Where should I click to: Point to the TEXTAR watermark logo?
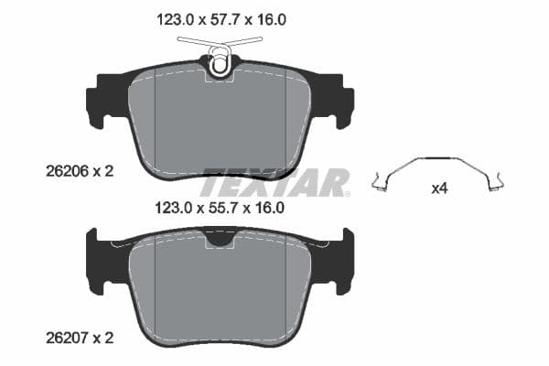tap(274, 181)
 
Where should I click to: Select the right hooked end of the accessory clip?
tap(499, 186)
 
